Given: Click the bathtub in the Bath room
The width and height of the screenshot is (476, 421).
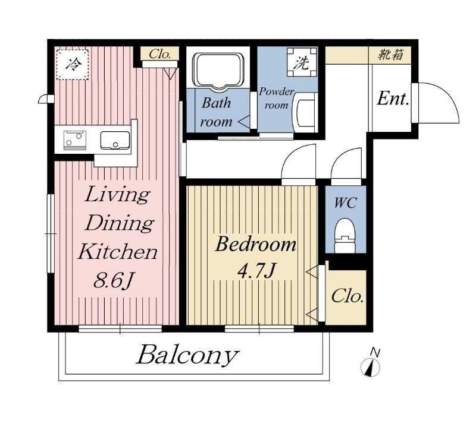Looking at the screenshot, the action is coord(218,71).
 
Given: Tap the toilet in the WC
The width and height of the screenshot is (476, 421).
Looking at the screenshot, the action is coord(345,236).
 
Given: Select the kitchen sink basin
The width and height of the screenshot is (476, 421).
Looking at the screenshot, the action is coord(115,140).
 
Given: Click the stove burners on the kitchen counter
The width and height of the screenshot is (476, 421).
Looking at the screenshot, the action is coord(74,140).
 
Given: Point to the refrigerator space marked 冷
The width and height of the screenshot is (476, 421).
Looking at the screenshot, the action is coord(73,64).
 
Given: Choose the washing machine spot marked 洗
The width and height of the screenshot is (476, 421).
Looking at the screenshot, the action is coord(302,62).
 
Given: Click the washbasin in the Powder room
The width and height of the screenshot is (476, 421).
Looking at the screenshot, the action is coord(305,113).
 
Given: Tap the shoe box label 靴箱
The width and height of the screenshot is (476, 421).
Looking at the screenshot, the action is coord(390,55).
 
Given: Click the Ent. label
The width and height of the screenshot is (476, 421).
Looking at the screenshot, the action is coord(393,99).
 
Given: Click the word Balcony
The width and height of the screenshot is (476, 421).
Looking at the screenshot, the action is coord(187,355).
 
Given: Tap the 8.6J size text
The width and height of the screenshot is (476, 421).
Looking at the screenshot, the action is coord(113,280).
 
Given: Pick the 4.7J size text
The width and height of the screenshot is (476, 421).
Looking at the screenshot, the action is coord(257,270).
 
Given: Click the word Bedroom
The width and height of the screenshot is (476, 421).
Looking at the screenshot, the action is coord(256,244).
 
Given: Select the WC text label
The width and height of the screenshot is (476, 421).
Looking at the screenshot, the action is coord(346,202).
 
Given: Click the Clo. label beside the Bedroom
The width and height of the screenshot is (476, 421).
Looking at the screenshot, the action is coord(347,296).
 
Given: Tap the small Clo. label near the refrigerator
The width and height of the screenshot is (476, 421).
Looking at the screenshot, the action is coord(159,54).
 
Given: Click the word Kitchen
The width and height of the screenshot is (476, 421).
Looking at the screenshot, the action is coord(118,252).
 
